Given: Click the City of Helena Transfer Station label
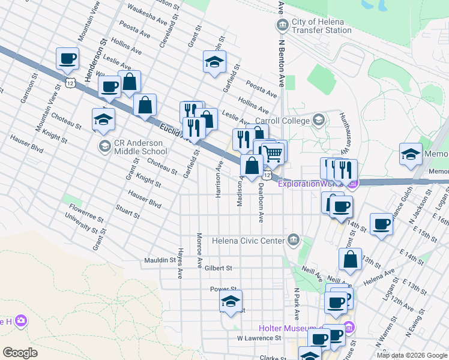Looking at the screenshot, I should [322, 26].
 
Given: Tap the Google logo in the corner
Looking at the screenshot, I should [20, 352].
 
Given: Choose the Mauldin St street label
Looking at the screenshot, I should [159, 260].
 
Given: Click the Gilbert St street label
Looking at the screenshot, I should [218, 268].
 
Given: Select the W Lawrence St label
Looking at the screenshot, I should [259, 338].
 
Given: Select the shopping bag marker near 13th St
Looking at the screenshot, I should [350, 259].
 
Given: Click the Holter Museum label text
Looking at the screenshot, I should [288, 328].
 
